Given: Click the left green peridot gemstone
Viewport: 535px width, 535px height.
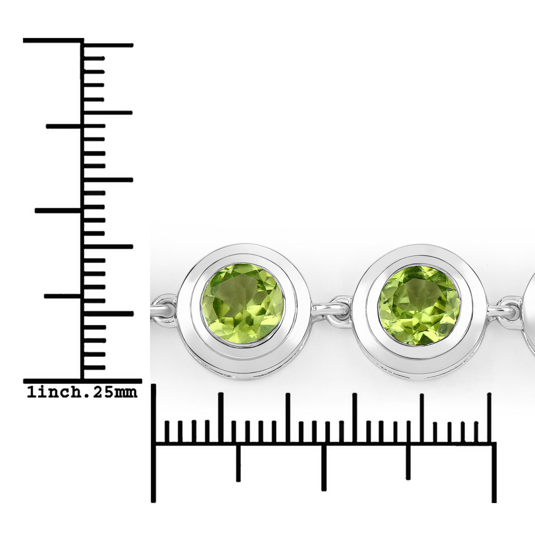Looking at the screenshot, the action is click(x=243, y=303).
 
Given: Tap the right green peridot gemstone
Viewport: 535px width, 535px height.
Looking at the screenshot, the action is click(x=419, y=304).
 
